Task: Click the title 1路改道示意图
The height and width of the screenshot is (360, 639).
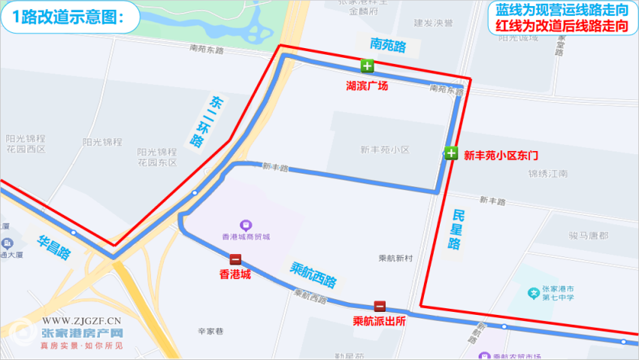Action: (x=68, y=17)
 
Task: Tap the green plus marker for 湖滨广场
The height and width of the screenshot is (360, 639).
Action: (x=367, y=65)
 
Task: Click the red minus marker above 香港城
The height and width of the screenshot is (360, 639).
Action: (x=235, y=259)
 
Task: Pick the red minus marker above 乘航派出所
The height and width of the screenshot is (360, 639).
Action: (x=380, y=307)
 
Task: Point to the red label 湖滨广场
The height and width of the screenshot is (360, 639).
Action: (x=367, y=86)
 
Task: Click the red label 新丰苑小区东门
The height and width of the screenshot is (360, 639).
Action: (x=501, y=156)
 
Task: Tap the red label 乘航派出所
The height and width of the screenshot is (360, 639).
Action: (x=380, y=322)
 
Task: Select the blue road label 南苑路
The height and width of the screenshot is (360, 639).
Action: (x=388, y=47)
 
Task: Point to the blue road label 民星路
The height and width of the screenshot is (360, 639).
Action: (x=457, y=230)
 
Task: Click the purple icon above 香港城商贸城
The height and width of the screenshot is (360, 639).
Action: (x=245, y=225)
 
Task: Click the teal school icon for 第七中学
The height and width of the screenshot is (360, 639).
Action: (x=535, y=292)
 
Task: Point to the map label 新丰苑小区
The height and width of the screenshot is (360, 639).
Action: (x=384, y=150)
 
